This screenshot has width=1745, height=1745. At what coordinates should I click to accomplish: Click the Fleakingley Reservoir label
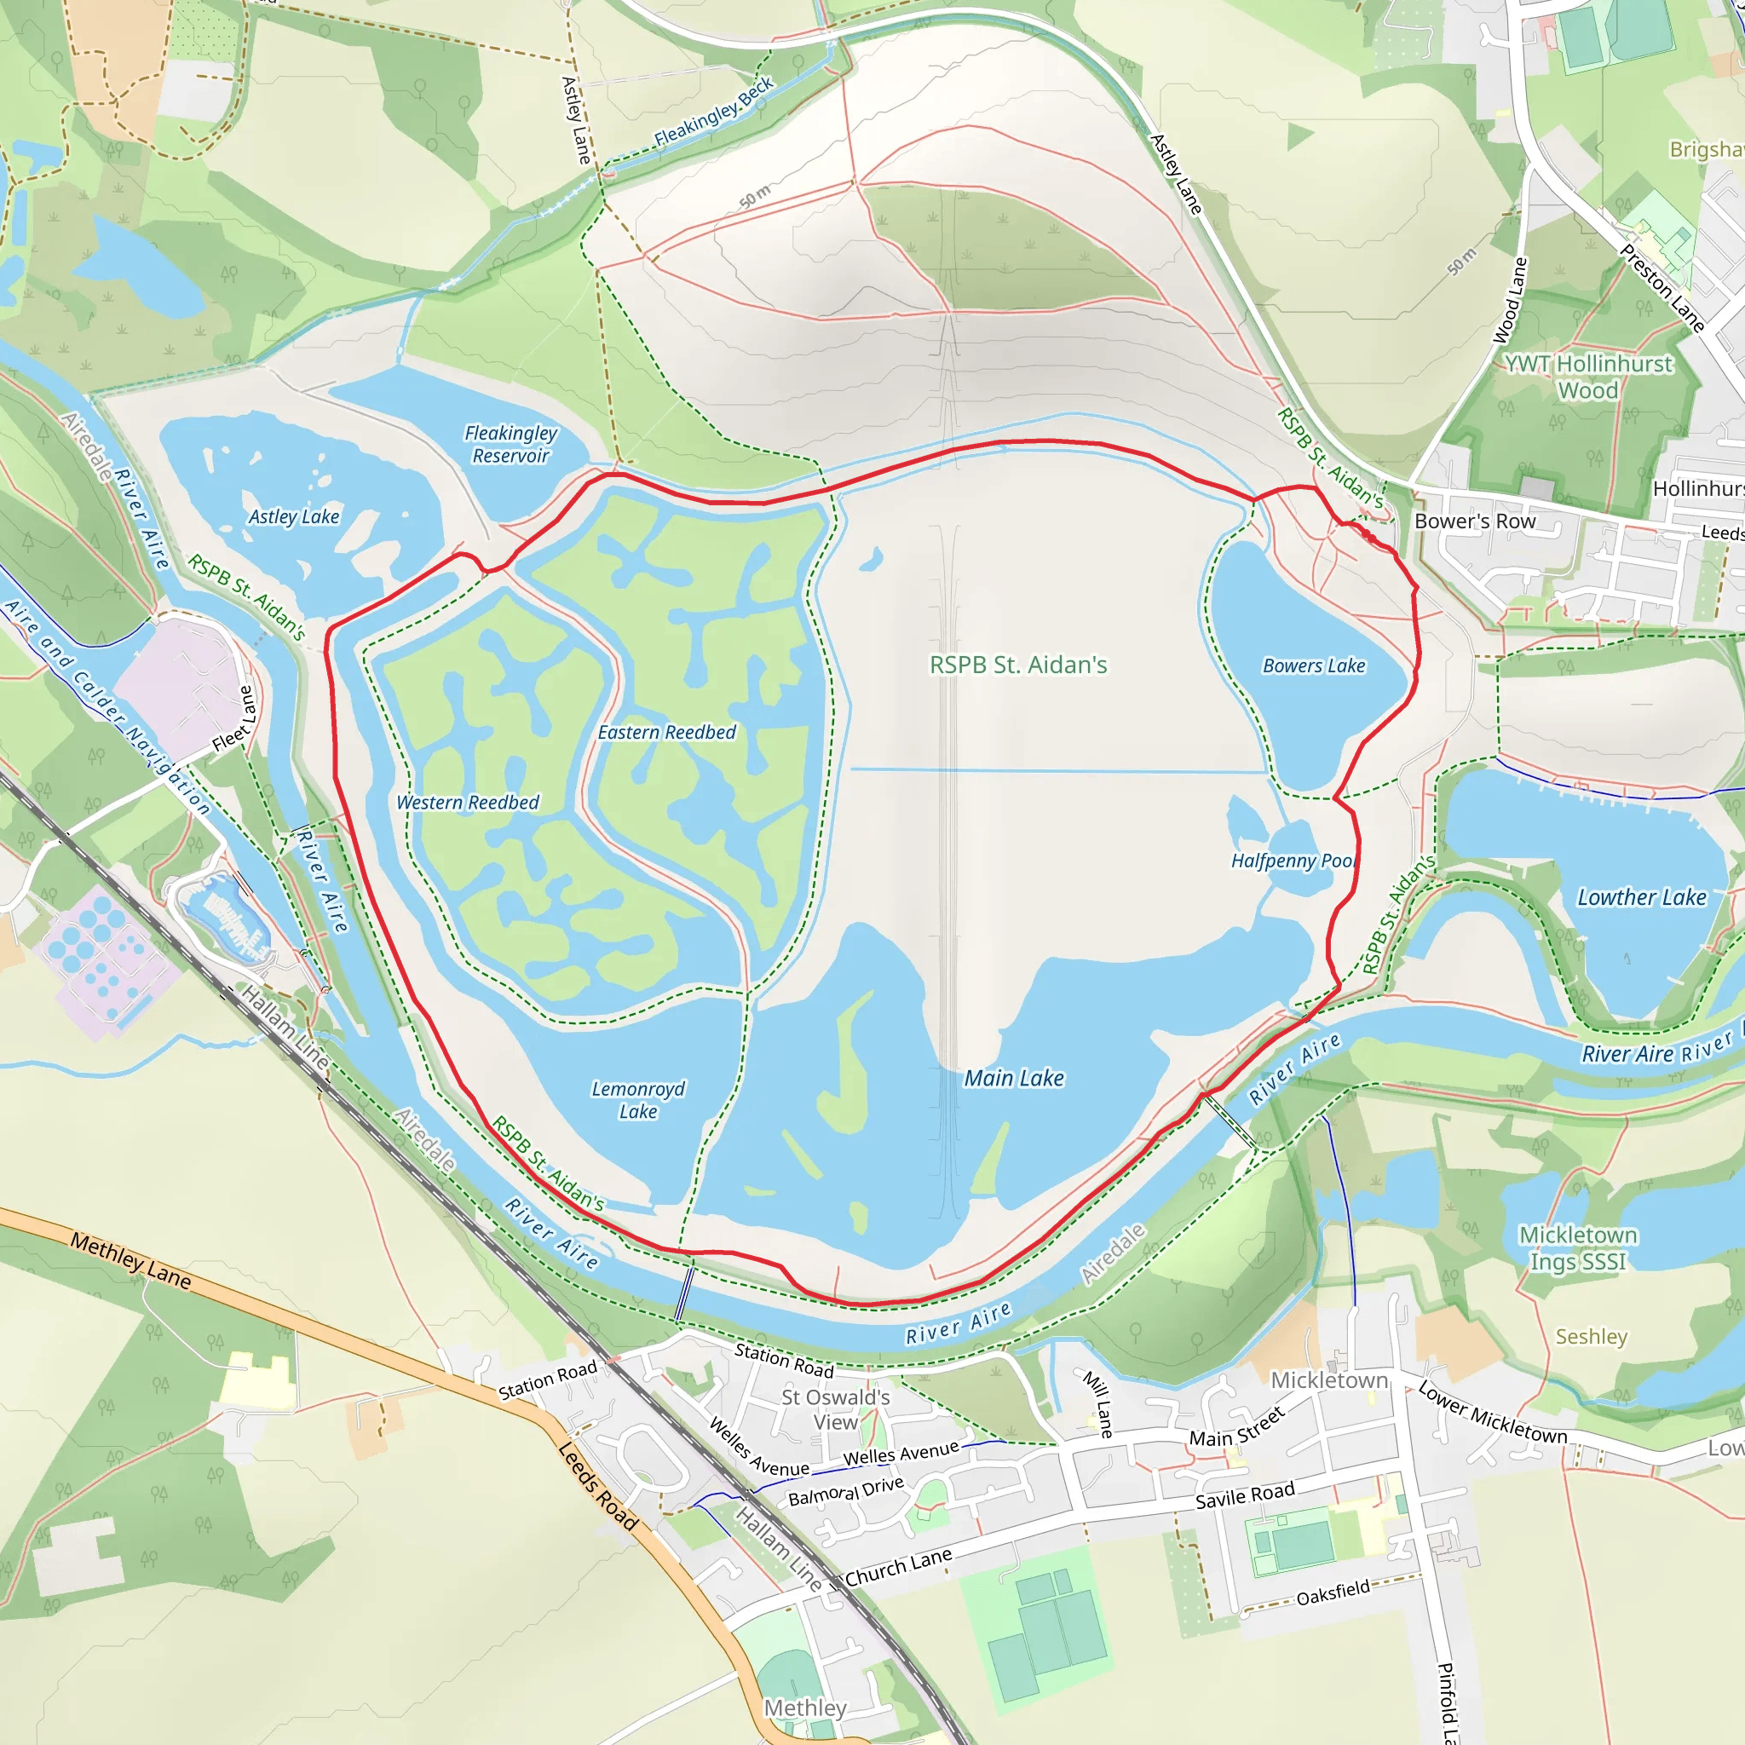click(511, 445)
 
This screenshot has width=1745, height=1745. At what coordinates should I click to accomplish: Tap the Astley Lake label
click(294, 516)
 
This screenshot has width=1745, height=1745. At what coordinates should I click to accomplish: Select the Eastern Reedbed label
click(666, 733)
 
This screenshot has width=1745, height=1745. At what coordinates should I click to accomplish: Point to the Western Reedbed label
click(468, 803)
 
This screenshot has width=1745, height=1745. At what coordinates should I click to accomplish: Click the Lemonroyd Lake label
click(637, 1100)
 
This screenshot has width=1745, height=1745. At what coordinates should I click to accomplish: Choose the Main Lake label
click(1014, 1079)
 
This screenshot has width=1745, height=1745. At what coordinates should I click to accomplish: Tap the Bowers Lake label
click(1314, 665)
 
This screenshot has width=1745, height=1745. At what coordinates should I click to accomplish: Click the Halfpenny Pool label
click(1294, 861)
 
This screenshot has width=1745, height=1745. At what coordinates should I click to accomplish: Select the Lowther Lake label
click(1641, 898)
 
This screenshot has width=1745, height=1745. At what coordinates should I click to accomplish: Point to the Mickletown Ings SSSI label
click(1578, 1247)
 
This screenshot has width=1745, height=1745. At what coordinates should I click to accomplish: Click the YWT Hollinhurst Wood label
click(1588, 377)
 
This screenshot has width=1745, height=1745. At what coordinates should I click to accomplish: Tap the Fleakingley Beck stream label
click(713, 112)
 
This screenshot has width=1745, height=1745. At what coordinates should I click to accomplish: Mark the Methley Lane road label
click(131, 1261)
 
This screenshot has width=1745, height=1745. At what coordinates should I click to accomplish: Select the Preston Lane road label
click(1661, 288)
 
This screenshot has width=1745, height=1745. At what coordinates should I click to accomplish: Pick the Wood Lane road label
click(1509, 301)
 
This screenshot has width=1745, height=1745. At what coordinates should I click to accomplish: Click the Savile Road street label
click(1245, 1494)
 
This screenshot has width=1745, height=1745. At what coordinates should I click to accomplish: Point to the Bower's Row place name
click(1475, 522)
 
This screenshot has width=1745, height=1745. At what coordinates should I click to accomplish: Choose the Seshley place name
click(1592, 1337)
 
